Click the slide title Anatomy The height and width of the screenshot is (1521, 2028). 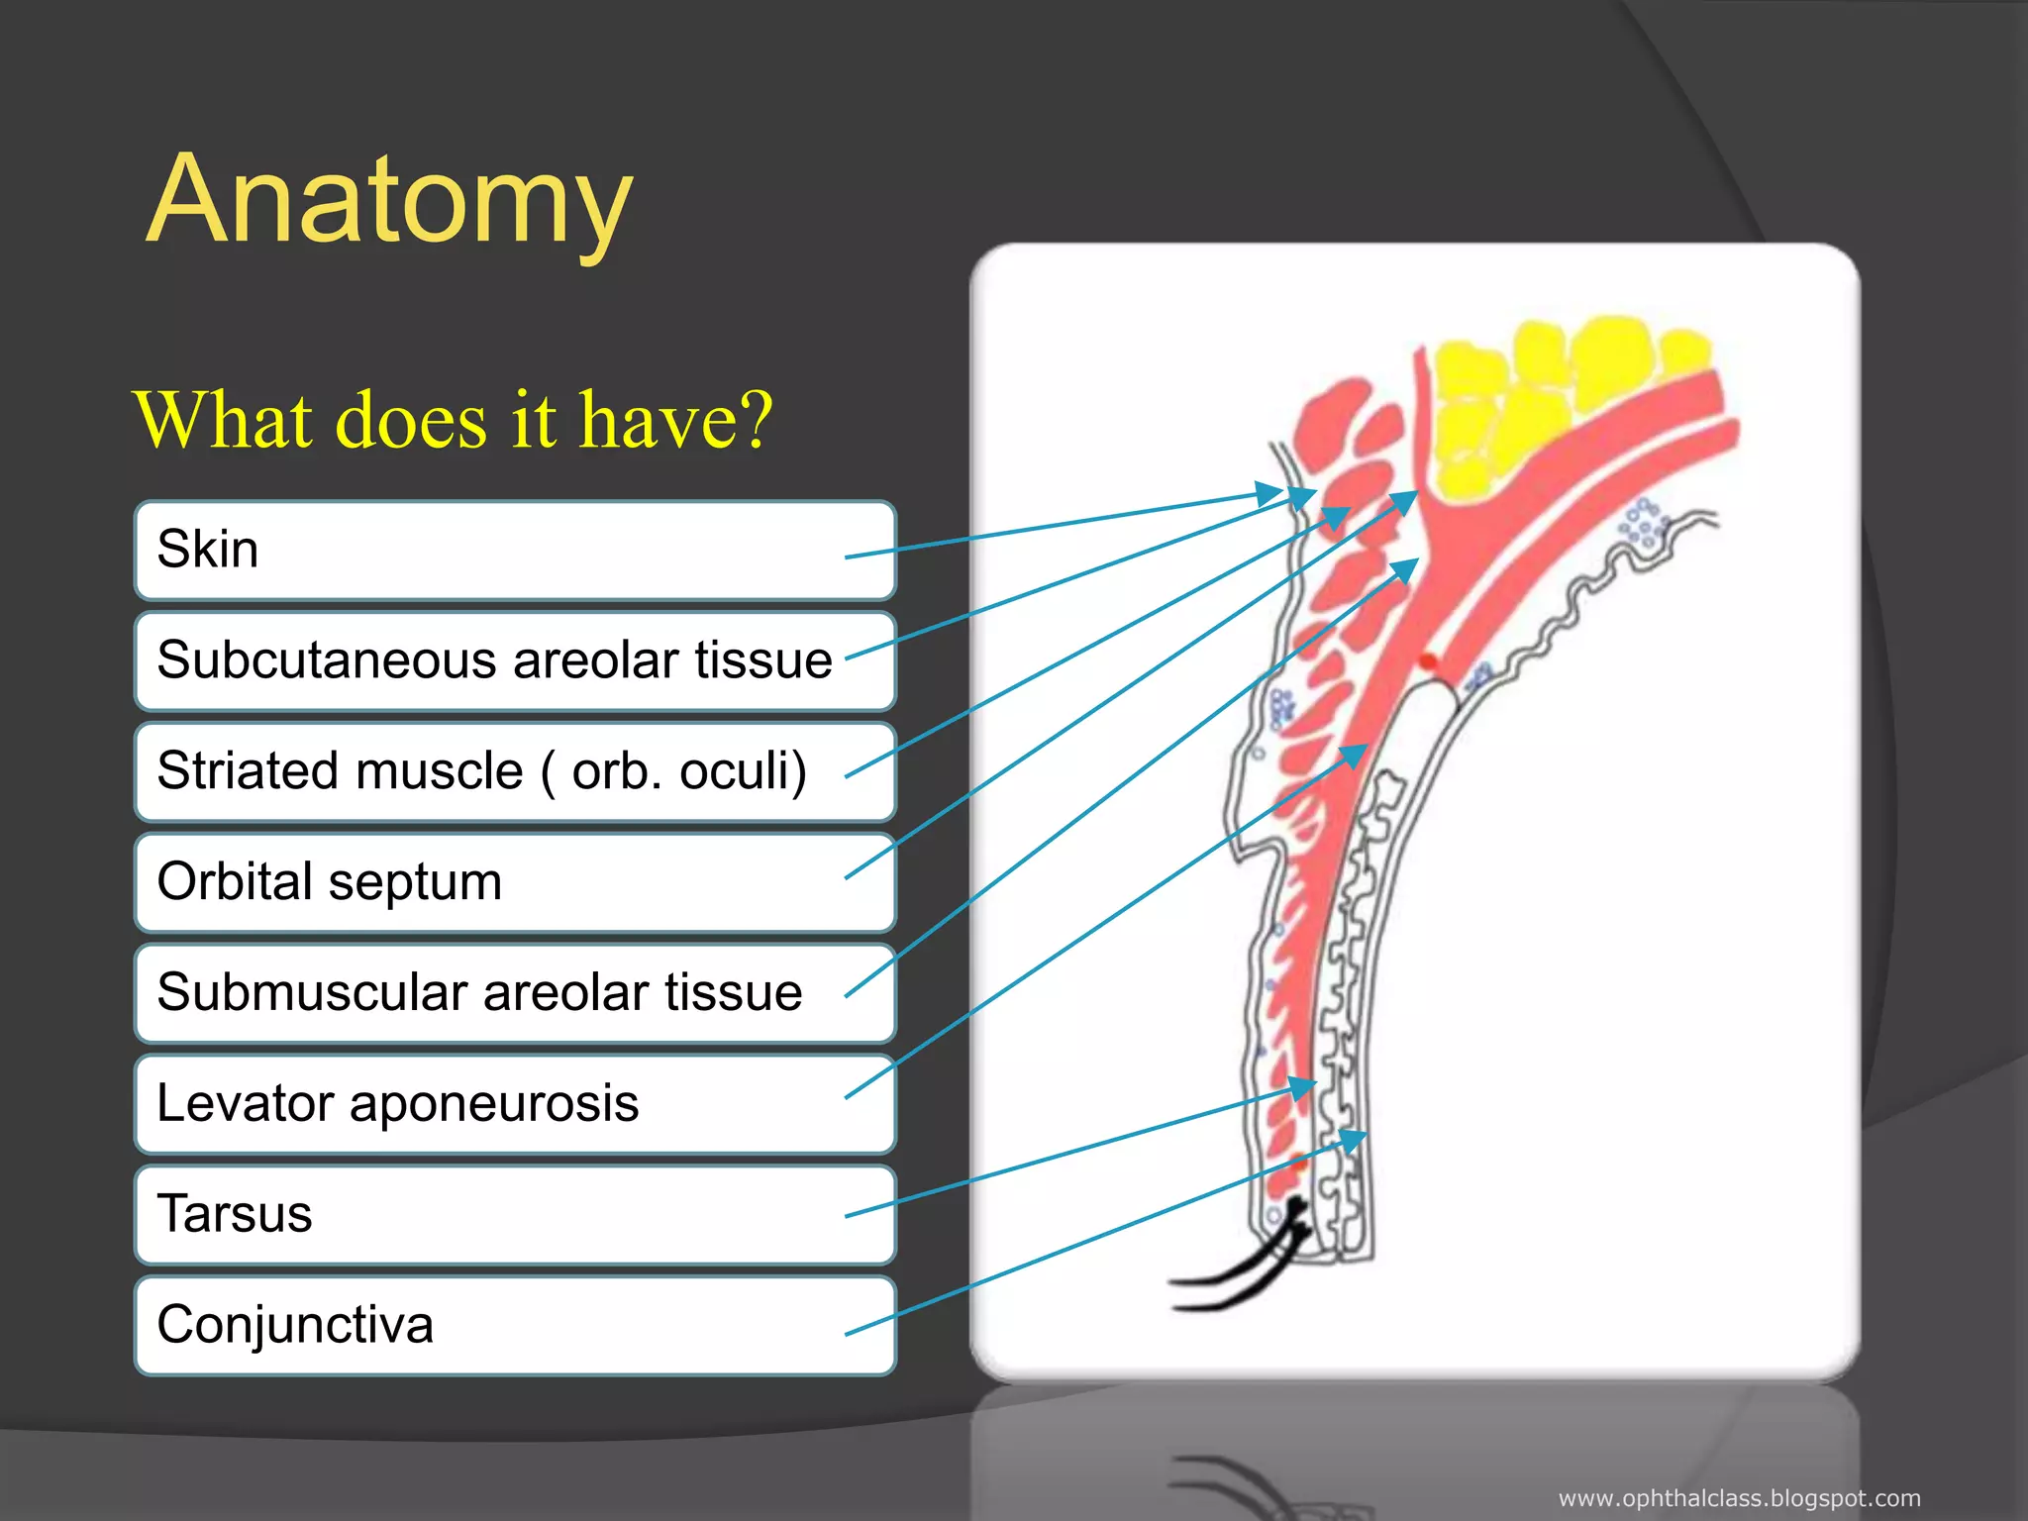389,201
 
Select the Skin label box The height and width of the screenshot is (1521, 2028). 515,551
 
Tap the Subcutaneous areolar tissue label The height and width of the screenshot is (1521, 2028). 515,661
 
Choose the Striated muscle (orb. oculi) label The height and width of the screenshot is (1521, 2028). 515,772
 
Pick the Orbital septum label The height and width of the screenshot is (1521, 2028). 515,883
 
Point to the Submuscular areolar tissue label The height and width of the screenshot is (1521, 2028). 515,994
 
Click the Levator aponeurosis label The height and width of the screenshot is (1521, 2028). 515,1105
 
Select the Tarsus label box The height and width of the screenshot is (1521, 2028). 515,1216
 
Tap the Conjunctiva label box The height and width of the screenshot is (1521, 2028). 515,1327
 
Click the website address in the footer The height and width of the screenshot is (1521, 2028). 1739,1499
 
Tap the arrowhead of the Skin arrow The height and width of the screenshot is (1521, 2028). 1271,492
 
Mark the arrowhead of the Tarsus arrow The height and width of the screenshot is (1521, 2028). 1303,1087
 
